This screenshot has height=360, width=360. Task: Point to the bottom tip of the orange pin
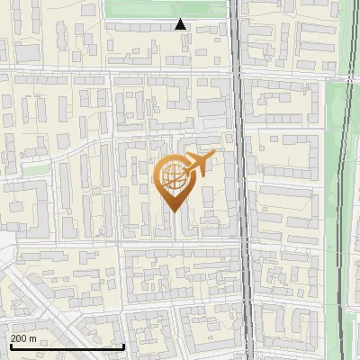point(174,210)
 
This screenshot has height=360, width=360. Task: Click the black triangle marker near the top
point(181,24)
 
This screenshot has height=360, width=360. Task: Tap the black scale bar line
point(67,346)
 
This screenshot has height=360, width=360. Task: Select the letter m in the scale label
point(33,338)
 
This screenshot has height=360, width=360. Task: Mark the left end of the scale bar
point(11,346)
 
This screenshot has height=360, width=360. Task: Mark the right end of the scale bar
point(123,346)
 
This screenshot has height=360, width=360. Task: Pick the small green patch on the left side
point(33,168)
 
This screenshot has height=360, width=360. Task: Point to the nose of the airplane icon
point(214,155)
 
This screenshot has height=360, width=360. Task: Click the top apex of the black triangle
point(181,19)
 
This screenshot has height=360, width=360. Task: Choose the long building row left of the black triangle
point(139,27)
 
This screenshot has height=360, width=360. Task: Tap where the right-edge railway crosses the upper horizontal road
point(346,70)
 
